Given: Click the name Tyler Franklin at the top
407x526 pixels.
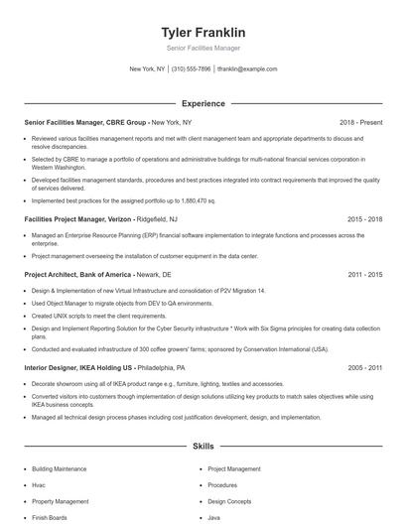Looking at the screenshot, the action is pos(203,33).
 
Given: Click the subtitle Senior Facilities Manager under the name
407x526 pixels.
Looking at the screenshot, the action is pos(203,48).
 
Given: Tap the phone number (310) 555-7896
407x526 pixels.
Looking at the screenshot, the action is pos(191,69).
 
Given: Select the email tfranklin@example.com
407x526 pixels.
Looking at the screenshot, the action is pos(247,69).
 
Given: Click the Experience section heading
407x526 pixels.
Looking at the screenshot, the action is pos(203,103).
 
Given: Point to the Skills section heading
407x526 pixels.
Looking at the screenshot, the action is pos(203,448).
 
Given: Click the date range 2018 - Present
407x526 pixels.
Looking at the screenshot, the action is pos(360,122).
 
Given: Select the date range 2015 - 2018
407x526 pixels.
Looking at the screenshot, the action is pos(365,217).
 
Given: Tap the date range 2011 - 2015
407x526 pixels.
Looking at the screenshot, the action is pos(365,274).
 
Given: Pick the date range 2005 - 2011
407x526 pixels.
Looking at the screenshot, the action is pos(365,367).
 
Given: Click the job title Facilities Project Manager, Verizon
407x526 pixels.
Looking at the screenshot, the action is pos(77,217).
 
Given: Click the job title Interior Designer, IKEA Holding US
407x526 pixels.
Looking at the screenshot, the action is pos(79,367).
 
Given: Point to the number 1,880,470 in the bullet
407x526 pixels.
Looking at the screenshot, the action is pos(198,199).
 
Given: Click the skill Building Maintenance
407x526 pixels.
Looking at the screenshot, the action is pos(59,467).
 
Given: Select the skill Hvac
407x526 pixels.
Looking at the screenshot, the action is pos(38,485).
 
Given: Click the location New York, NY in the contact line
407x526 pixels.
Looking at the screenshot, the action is pos(147,69).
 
